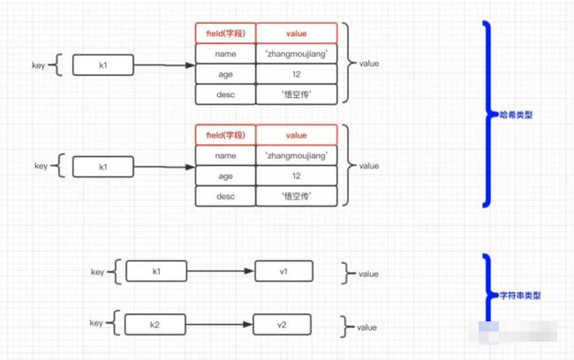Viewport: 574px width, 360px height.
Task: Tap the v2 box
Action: pos(283,325)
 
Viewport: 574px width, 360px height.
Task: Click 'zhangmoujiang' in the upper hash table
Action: pos(297,55)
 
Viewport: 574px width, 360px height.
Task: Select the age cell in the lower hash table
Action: pos(225,176)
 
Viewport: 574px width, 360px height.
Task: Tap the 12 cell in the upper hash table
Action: pos(297,74)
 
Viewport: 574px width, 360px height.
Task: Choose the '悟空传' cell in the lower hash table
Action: pos(297,196)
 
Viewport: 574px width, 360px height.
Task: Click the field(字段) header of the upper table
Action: pos(225,34)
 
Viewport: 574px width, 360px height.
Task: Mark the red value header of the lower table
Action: pos(297,135)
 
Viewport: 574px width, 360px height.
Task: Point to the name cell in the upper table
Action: pos(225,55)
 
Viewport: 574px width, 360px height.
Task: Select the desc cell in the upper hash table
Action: pos(225,94)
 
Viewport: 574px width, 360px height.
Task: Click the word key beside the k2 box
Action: pos(96,325)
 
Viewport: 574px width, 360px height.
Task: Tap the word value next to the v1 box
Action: pos(369,274)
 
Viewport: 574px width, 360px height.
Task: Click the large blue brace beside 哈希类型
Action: pos(487,114)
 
